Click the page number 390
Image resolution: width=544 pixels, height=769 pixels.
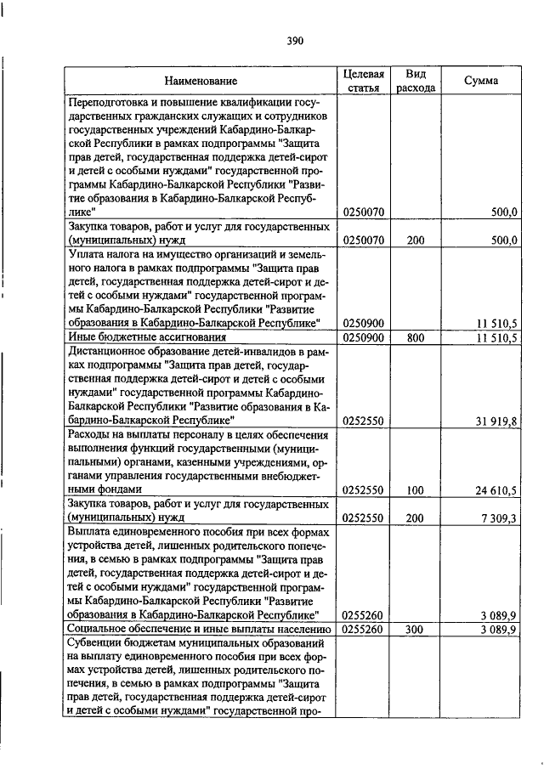(295, 40)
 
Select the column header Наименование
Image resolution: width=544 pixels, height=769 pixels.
(201, 81)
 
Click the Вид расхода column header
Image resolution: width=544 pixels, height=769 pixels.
(416, 81)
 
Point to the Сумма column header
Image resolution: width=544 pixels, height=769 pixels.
(481, 81)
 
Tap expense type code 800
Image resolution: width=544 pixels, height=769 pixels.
(415, 337)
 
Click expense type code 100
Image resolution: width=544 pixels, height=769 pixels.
(415, 490)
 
